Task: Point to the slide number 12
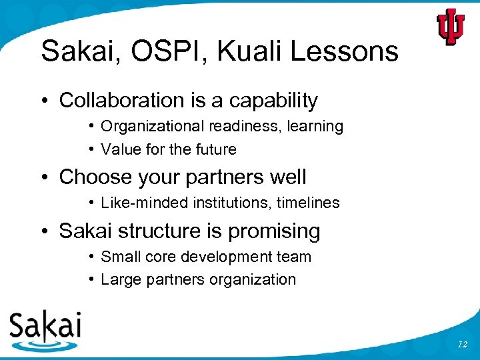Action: [463, 344]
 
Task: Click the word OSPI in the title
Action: [157, 51]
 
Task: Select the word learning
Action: [315, 127]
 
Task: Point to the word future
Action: [216, 149]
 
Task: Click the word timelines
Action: [309, 203]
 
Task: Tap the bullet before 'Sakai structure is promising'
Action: [45, 231]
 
